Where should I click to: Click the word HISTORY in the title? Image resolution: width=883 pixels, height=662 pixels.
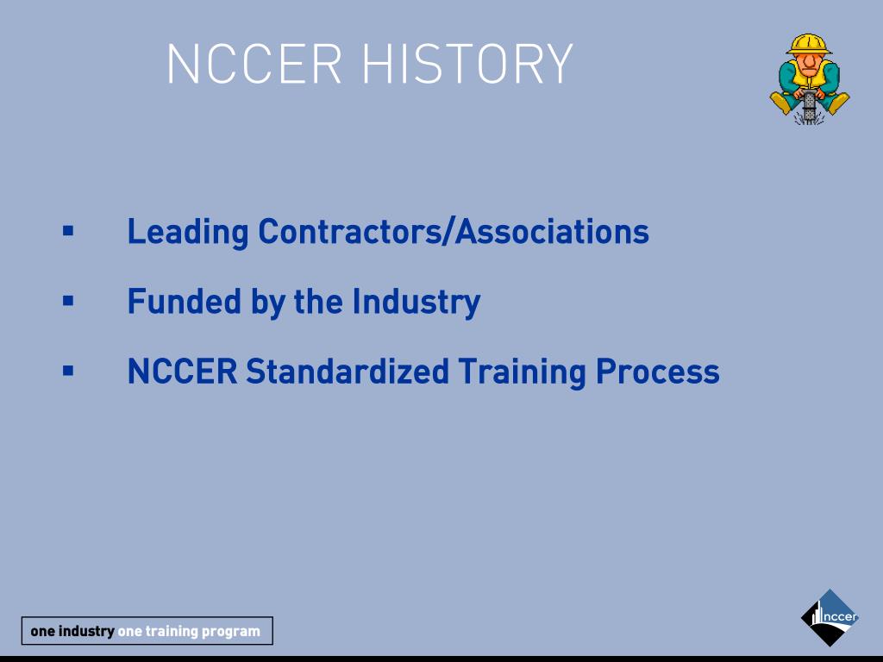(467, 64)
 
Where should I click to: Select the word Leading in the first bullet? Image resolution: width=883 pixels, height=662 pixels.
(188, 232)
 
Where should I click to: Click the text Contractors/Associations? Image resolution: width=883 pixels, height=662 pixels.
(454, 232)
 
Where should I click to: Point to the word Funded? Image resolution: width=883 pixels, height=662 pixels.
(184, 302)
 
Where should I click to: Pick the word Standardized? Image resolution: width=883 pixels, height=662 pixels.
(348, 372)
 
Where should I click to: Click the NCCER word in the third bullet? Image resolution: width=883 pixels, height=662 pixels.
(182, 372)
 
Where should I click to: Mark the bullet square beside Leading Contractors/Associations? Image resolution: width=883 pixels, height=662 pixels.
(68, 231)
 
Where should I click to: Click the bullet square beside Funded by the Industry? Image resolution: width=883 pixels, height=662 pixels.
(68, 301)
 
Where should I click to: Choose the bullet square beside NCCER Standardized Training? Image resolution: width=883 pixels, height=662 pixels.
(68, 371)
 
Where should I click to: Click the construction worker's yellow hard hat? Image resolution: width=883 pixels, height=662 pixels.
(809, 43)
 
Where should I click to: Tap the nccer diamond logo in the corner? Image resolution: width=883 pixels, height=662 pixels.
(830, 617)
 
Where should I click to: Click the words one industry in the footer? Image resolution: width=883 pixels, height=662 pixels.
(72, 631)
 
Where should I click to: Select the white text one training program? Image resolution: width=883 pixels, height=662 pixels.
(189, 631)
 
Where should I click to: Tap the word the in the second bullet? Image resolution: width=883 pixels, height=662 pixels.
(319, 302)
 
